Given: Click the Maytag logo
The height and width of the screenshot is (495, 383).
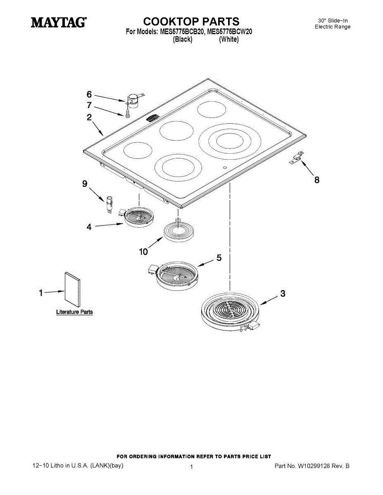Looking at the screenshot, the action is click(x=58, y=22).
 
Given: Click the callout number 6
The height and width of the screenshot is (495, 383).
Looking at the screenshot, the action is click(x=89, y=94).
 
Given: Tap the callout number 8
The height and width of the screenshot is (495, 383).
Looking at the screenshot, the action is click(x=317, y=180).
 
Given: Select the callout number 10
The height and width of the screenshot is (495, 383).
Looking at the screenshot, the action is click(x=143, y=251).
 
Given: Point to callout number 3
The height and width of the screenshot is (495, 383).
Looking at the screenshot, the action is click(x=283, y=294).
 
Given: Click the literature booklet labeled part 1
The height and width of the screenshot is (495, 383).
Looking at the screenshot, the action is click(x=72, y=289).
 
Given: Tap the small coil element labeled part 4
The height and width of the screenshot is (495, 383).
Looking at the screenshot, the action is click(x=138, y=216).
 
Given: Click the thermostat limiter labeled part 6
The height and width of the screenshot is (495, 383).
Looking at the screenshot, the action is click(x=134, y=99).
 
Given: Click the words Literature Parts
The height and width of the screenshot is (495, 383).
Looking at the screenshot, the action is click(x=74, y=312).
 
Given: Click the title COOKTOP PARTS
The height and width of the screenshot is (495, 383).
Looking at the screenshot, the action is click(x=191, y=21).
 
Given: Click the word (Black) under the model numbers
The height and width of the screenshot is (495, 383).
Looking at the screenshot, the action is click(x=183, y=40).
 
